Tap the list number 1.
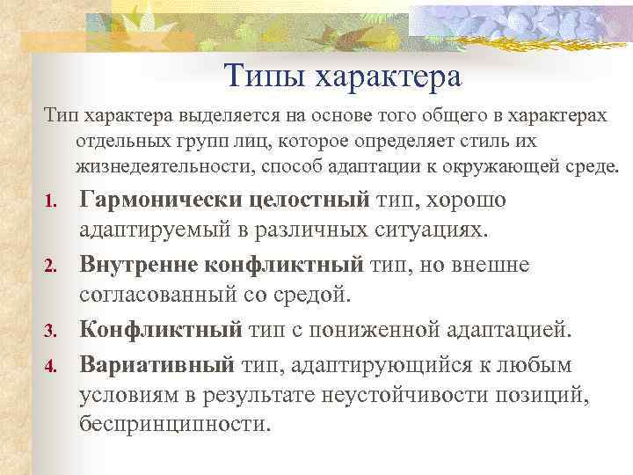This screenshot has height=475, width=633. [51, 203]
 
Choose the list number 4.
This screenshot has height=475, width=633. [51, 364]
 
